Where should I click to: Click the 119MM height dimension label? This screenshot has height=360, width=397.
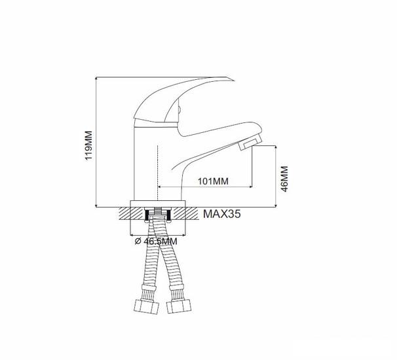click(88, 145)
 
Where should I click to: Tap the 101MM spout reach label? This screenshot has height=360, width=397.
click(213, 181)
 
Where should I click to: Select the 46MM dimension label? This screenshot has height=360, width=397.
click(284, 179)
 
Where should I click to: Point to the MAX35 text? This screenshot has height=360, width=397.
click(222, 214)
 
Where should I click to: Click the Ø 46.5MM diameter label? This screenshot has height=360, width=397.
click(156, 242)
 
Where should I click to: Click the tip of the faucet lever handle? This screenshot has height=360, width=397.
click(233, 81)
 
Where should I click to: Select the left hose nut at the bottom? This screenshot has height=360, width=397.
click(146, 306)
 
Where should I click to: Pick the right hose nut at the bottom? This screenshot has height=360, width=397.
click(179, 306)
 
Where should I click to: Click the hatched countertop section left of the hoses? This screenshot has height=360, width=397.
click(132, 213)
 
